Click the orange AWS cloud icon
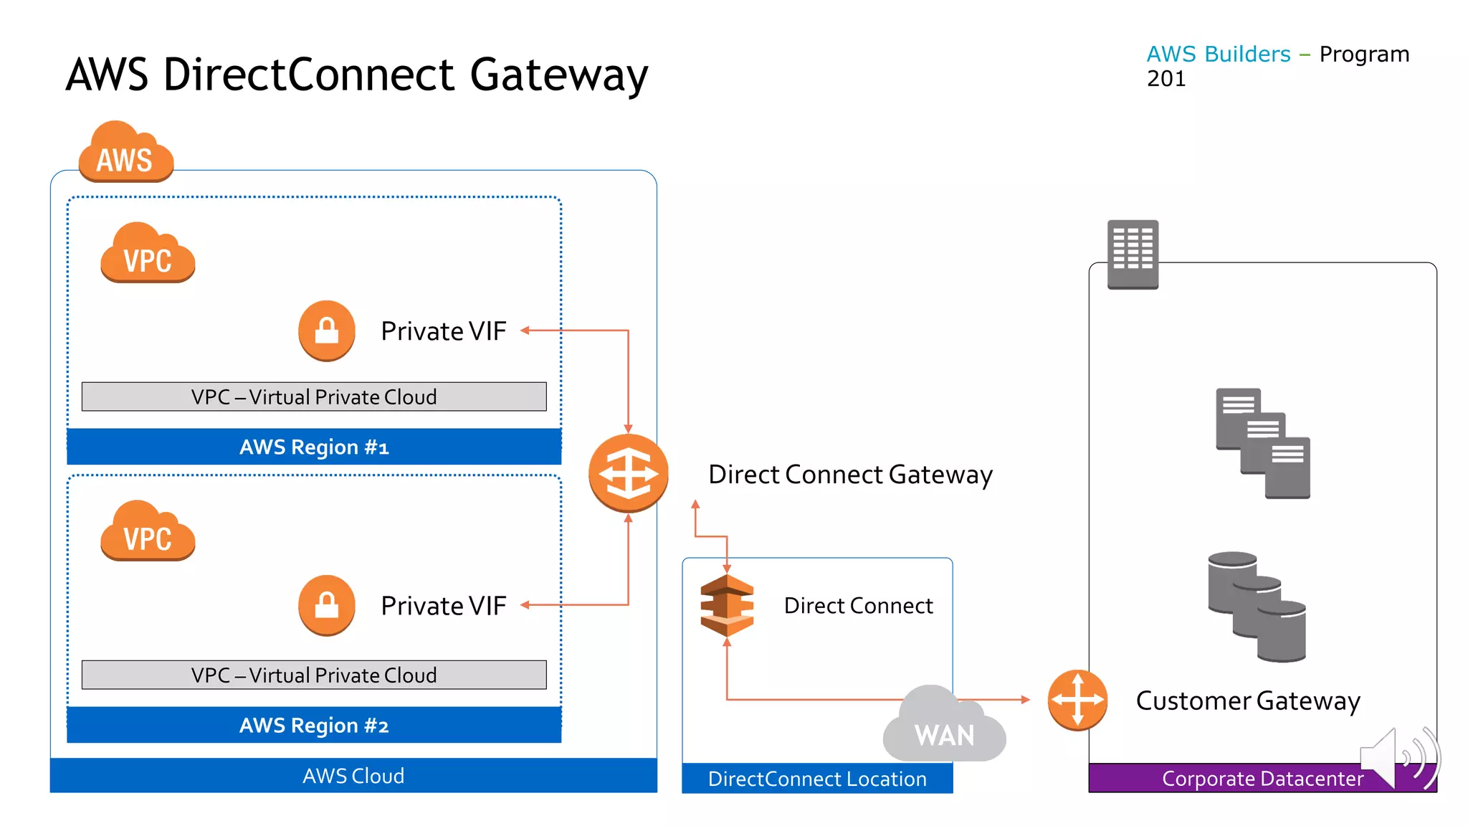[125, 152]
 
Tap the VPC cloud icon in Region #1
[148, 253]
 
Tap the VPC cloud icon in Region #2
[148, 531]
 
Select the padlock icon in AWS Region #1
[327, 331]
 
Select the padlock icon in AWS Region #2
[327, 605]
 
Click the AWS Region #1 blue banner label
[314, 447]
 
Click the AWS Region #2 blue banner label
[314, 725]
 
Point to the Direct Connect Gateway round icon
[628, 473]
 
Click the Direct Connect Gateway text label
[850, 475]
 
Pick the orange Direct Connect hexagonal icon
[727, 606]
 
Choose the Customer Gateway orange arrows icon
[1077, 700]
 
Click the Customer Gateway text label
[1248, 701]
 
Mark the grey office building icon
[1133, 254]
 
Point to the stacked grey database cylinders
[1257, 607]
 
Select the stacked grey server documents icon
[1262, 443]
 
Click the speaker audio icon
[1398, 757]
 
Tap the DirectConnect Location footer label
[817, 779]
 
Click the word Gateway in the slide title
[558, 75]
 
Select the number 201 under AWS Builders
[1166, 79]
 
